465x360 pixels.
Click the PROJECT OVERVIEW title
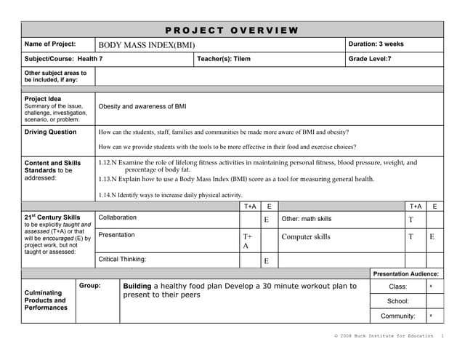click(x=232, y=30)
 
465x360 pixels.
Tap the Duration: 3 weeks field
click(x=376, y=44)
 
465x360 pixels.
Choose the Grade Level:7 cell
click(x=370, y=59)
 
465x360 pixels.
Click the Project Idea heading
click(x=43, y=99)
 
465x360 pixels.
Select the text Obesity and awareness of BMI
click(x=142, y=106)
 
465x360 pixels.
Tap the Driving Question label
click(x=50, y=132)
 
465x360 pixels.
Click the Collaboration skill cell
click(x=117, y=217)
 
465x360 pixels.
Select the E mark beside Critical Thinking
click(x=267, y=261)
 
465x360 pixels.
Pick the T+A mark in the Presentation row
click(x=247, y=241)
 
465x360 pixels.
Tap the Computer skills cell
click(x=306, y=237)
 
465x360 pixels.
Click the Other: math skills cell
click(x=307, y=219)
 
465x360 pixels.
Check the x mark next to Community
click(x=431, y=316)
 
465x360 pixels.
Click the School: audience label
click(x=398, y=301)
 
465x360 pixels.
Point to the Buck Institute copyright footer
click(x=385, y=337)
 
